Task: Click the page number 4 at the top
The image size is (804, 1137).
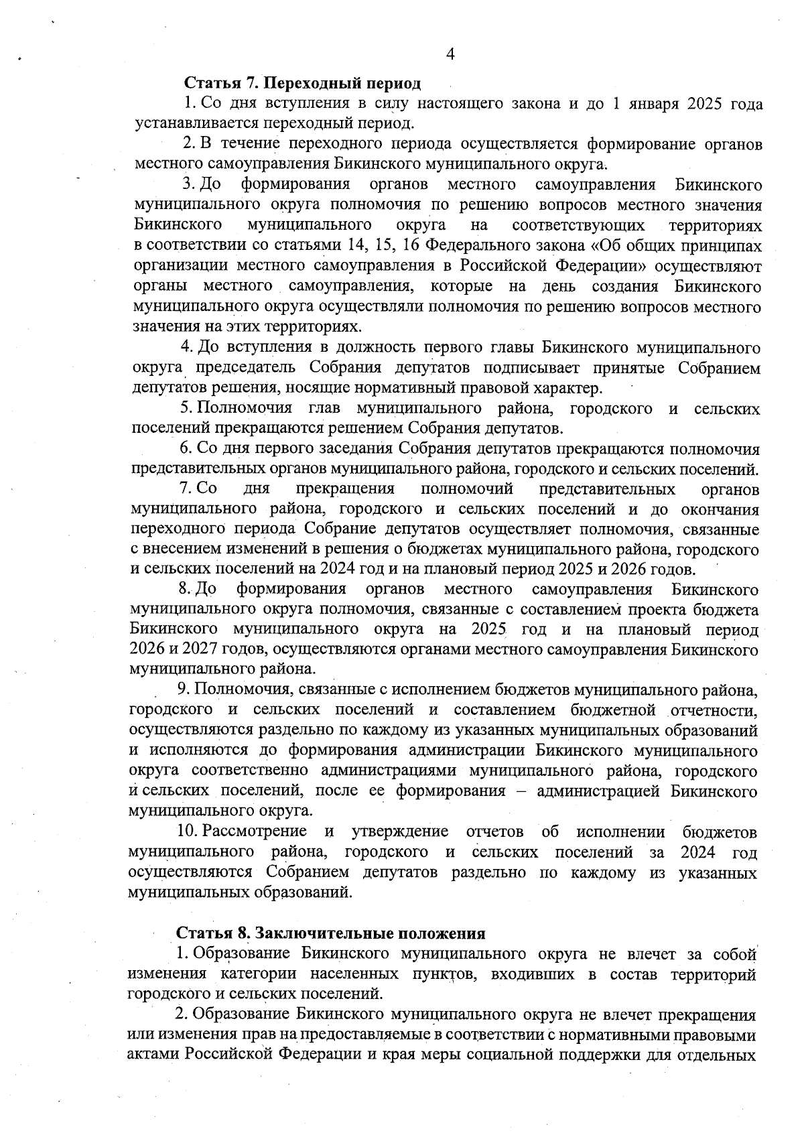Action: [x=450, y=54]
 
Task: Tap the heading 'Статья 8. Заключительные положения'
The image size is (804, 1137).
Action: [x=330, y=933]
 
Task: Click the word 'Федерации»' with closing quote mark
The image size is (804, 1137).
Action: [x=602, y=265]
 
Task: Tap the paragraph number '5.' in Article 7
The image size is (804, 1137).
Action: [x=186, y=408]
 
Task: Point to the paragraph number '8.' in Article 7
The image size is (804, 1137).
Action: [x=185, y=590]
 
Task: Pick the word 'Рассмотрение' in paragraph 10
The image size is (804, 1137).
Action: [x=255, y=832]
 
